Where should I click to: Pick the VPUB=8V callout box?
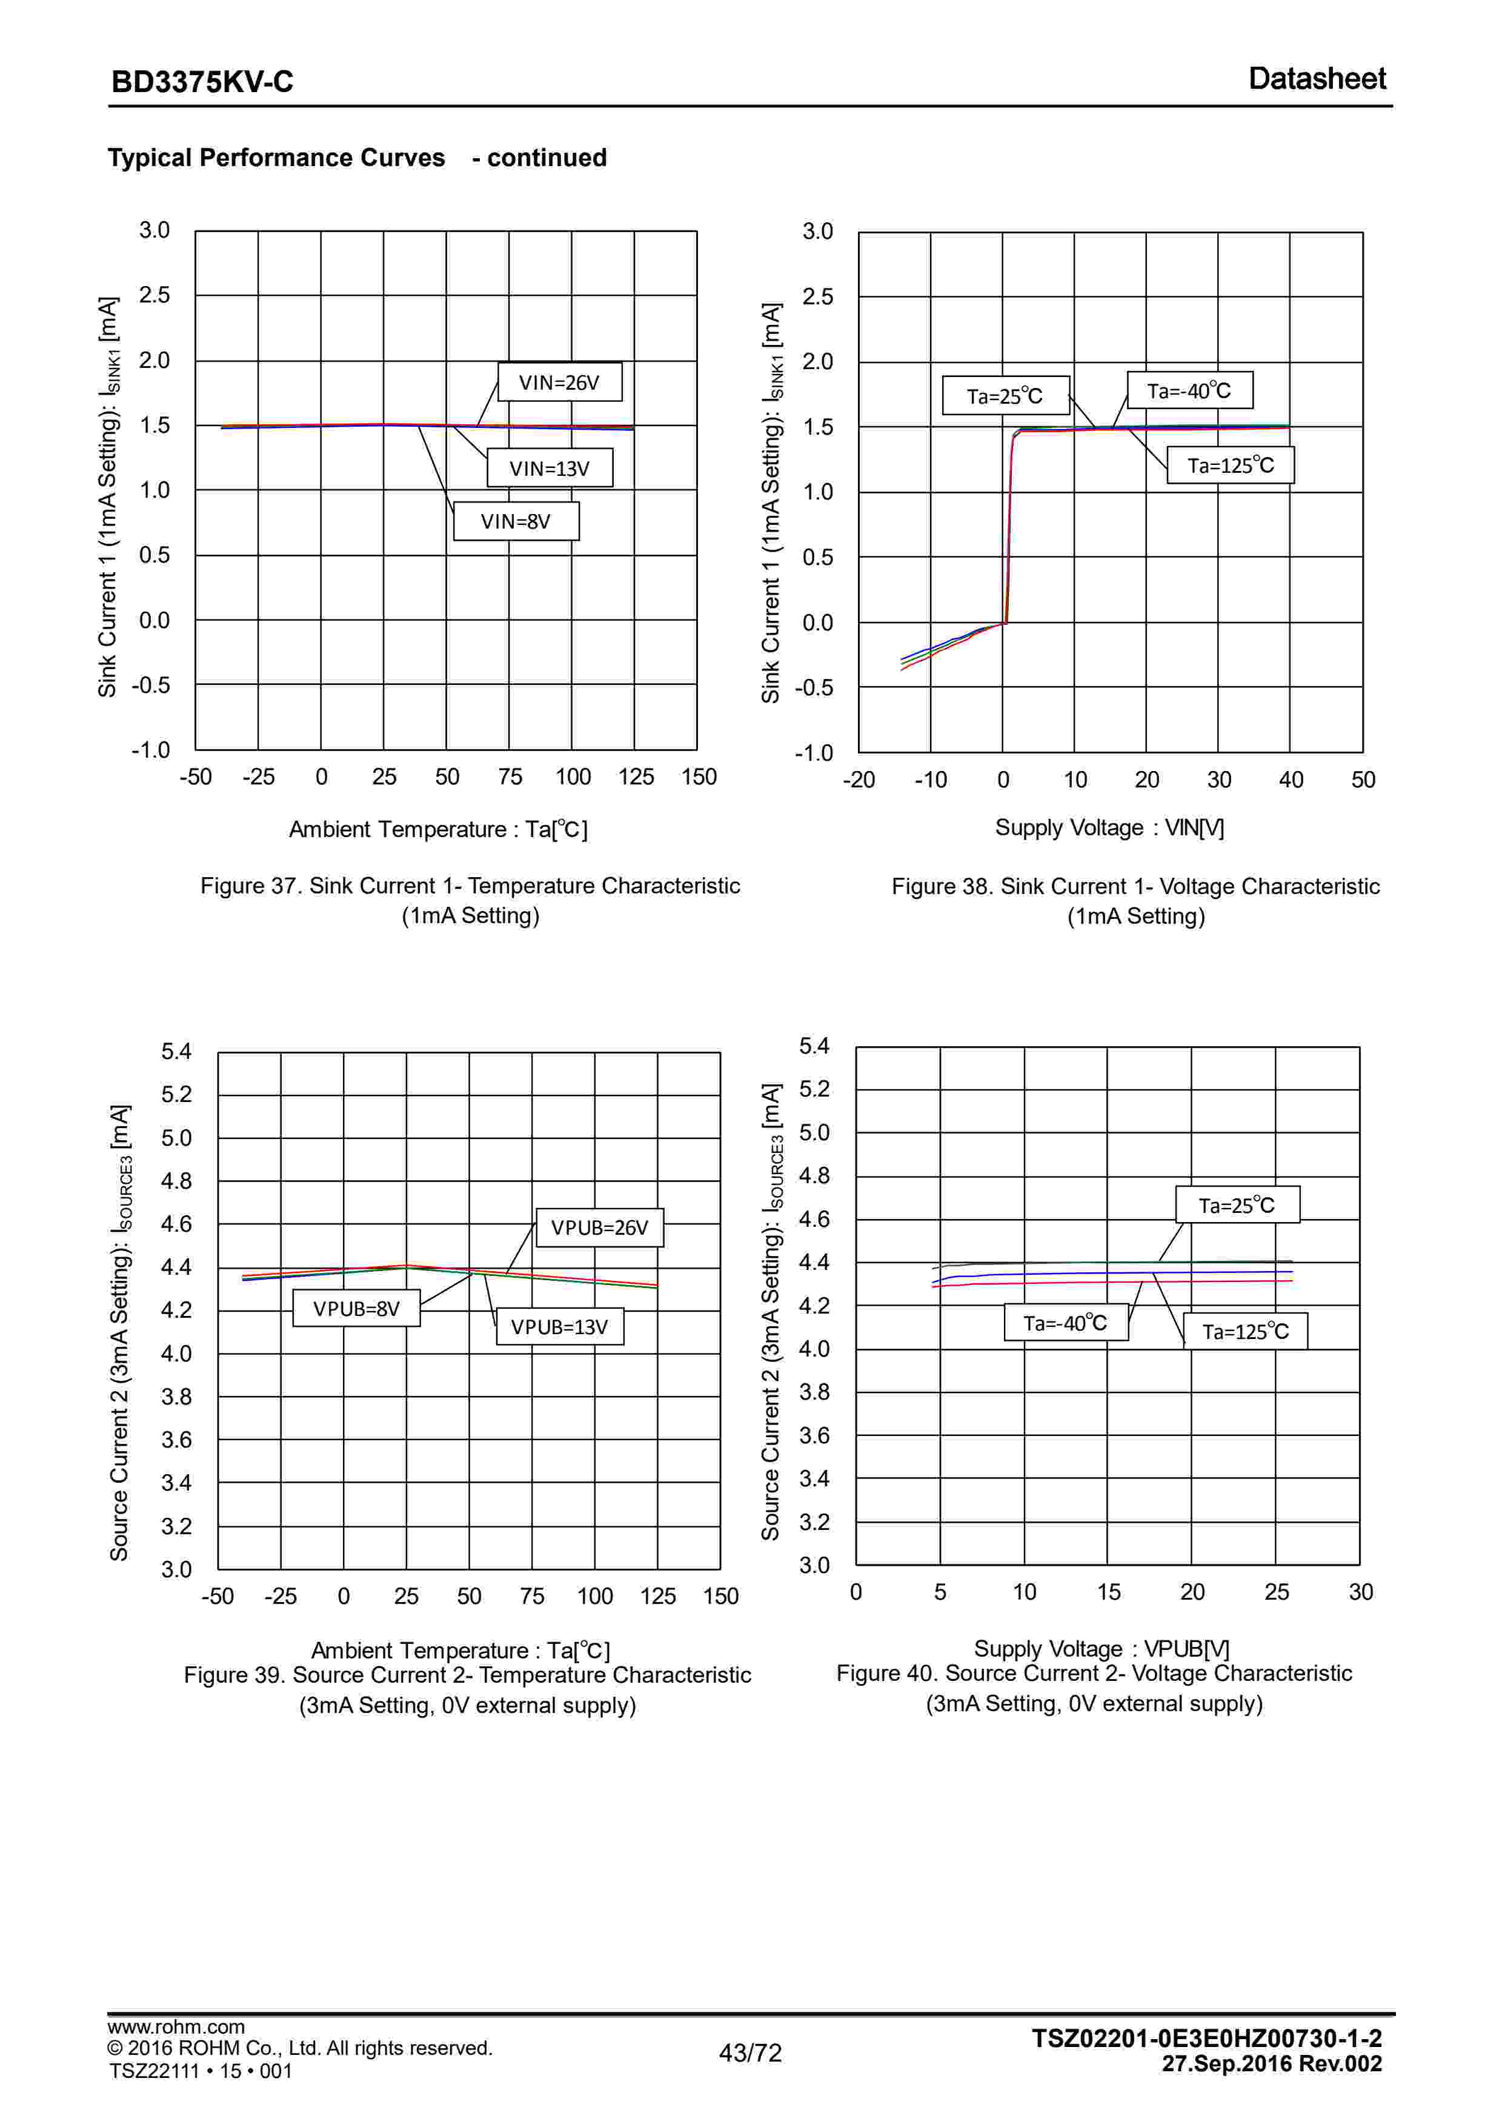[x=356, y=1309]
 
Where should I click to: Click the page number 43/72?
[x=750, y=2052]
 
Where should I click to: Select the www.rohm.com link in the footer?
[x=176, y=2026]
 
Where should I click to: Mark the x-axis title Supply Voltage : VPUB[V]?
[x=1101, y=1649]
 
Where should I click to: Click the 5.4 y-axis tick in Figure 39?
[x=176, y=1052]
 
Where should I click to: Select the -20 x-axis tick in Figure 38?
[x=859, y=780]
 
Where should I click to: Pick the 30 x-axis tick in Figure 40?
[x=1360, y=1592]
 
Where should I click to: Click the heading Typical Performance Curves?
[x=276, y=158]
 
